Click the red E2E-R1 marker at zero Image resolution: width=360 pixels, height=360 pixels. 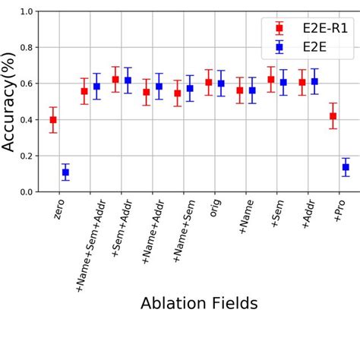53,120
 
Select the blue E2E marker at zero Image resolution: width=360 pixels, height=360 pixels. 65,172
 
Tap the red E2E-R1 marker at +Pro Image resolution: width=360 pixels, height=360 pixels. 333,116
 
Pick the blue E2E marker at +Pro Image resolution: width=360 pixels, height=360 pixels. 346,167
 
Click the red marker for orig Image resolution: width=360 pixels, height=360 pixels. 209,82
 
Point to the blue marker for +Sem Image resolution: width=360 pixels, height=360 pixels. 283,82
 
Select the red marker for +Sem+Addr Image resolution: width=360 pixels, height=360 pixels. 115,79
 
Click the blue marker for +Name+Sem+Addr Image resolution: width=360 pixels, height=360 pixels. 96,87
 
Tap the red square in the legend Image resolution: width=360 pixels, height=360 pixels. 279,29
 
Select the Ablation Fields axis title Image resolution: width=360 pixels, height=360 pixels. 199,304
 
